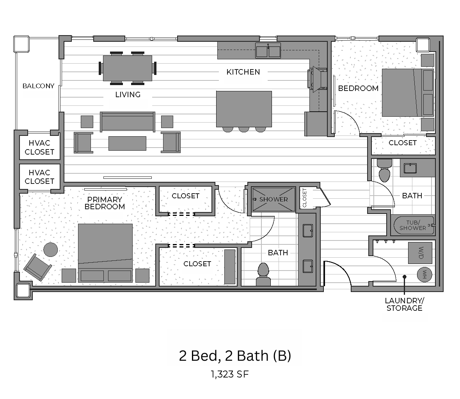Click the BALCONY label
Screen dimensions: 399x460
point(38,86)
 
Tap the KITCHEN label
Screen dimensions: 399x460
point(243,72)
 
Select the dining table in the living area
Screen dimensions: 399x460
point(128,68)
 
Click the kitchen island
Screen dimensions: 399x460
point(244,109)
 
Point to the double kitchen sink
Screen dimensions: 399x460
point(268,51)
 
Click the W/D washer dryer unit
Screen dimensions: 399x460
point(421,253)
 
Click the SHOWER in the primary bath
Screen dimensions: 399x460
point(273,199)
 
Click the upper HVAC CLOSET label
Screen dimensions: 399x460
point(39,148)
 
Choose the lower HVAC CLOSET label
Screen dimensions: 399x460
point(39,177)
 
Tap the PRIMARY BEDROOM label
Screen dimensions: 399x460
point(105,203)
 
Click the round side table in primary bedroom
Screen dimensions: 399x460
point(50,249)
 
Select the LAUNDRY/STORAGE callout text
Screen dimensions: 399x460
point(404,304)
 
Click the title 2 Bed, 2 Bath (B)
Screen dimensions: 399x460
point(235,356)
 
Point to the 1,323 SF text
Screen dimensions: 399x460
point(230,374)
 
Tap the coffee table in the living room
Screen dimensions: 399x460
point(127,143)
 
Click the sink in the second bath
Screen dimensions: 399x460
point(410,168)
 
